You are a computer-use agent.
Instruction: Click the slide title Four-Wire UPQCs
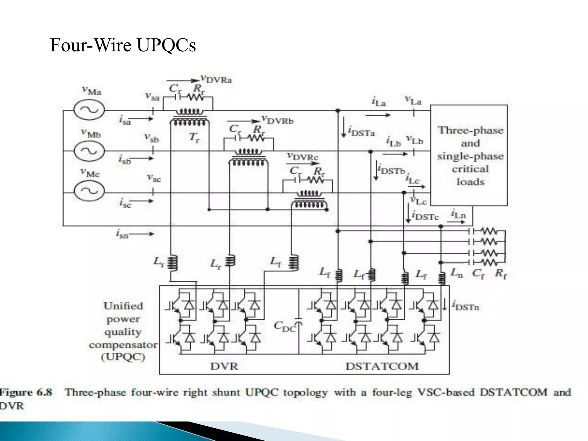[x=123, y=45]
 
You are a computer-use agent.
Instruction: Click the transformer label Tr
[x=194, y=138]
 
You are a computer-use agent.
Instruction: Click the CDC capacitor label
[x=285, y=327]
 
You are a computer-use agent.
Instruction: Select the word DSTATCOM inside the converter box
[x=382, y=366]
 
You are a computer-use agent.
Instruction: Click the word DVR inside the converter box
[x=224, y=366]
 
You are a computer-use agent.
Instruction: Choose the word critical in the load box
[x=470, y=169]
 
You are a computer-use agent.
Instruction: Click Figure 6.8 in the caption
[x=26, y=392]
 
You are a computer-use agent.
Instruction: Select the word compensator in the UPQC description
[x=123, y=345]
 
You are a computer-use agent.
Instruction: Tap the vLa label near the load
[x=413, y=100]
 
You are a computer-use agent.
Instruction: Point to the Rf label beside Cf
[x=501, y=274]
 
